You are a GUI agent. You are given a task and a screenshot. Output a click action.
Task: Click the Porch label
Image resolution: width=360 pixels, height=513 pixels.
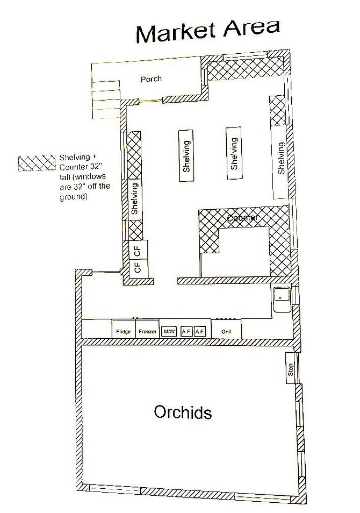coord(151,79)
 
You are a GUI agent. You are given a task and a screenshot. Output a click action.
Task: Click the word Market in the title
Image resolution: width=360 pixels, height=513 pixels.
coord(176,32)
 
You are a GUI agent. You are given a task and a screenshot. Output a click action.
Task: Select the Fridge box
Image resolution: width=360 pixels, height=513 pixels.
coord(123,329)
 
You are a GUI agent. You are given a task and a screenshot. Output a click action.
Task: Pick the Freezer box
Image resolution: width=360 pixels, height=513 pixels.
coord(147,329)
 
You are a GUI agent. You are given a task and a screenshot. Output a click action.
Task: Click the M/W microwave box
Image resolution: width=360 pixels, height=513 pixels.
coord(169,331)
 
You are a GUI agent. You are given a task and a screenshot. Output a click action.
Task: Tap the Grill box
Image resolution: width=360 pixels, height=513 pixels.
coord(226,329)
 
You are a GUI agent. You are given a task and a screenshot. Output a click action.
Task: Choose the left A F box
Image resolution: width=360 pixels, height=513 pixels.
coord(186,331)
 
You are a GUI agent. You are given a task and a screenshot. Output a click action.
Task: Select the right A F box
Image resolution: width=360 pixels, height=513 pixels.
coord(200,331)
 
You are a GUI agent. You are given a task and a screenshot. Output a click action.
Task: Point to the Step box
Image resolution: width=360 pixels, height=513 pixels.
coord(290,368)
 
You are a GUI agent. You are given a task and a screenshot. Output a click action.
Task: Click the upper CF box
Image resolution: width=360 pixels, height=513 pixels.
coord(138,250)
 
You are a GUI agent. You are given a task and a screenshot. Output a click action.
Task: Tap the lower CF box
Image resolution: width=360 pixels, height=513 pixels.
coord(138,269)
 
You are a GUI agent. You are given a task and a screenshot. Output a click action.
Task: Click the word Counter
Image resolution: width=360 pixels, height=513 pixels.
coord(242,217)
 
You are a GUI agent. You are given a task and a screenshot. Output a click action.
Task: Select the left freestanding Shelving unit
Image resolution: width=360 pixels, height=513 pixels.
coord(186,156)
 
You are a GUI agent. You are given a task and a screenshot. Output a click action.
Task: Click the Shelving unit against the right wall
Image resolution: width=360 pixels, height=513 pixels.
coord(280,162)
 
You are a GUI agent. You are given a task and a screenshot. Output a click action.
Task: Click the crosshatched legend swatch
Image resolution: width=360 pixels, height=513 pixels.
coord(37,163)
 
